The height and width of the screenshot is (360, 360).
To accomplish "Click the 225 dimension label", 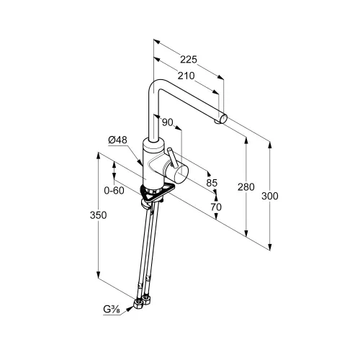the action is point(189,60).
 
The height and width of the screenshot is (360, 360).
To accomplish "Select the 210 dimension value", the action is point(186,76).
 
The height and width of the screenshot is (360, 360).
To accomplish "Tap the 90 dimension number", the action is point(168,122).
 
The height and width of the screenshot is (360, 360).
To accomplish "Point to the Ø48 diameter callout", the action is point(117,140).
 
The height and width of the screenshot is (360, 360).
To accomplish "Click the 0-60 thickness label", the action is point(114,191).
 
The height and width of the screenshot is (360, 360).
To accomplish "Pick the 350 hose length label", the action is point(98,215).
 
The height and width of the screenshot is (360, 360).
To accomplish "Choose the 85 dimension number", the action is point(212,183).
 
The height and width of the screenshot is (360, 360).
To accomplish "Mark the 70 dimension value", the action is point(216,207).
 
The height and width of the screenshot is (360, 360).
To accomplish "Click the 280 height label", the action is point(246,186).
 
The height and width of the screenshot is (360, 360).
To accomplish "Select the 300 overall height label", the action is point(270,196).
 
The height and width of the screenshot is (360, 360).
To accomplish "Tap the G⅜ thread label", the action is point(112,310).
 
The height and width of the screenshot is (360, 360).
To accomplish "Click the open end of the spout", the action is point(223,119).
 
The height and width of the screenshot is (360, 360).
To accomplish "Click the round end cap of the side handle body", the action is point(181,174).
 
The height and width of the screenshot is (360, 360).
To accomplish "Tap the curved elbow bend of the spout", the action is point(156,86).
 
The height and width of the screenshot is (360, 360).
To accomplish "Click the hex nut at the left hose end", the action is point(138,305).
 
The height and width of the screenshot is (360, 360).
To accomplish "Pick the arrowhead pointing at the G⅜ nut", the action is point(130,309).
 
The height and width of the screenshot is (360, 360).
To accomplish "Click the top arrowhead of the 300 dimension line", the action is point(270,145).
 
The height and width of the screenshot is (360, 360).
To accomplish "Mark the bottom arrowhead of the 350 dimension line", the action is point(98,275).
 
